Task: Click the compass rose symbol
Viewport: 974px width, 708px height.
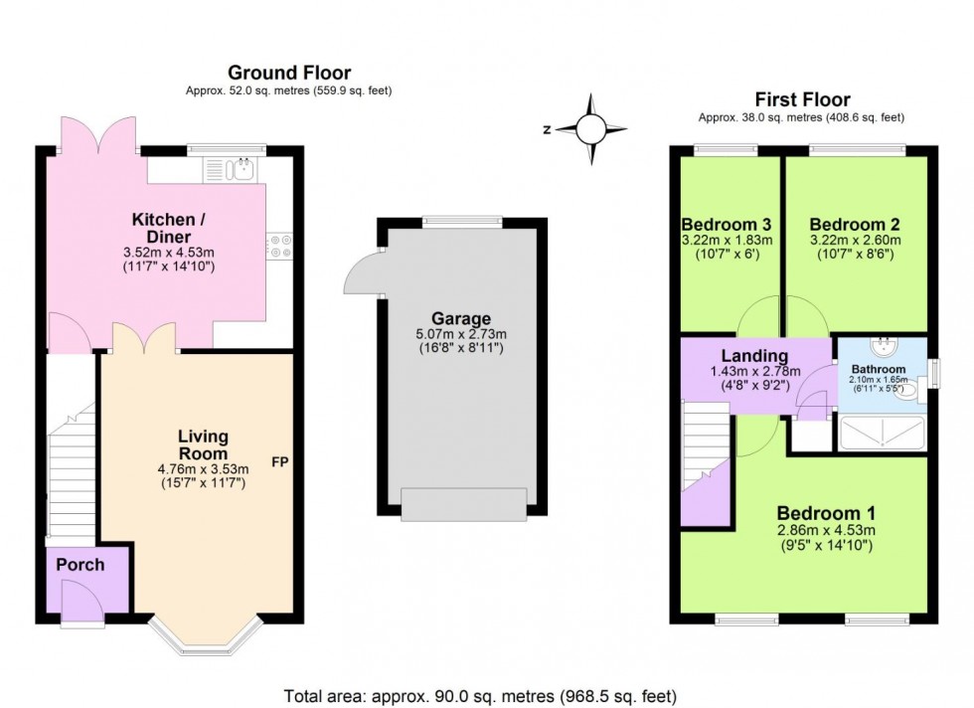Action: [590, 128]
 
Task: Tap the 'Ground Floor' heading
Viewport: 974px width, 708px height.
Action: [289, 73]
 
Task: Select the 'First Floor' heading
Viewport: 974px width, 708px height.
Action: [802, 99]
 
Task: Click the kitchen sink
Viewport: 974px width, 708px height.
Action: [242, 170]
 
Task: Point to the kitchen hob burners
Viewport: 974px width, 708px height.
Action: [278, 246]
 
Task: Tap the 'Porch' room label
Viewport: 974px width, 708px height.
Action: [81, 565]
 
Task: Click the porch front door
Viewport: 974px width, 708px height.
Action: [82, 602]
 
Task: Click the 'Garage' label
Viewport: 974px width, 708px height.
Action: [461, 319]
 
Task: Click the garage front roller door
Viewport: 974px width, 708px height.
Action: [462, 504]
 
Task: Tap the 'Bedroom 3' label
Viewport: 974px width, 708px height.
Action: [727, 224]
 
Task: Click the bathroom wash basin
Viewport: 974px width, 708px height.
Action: [882, 347]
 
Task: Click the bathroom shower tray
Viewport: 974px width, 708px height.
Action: [883, 434]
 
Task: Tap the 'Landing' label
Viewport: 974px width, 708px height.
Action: [754, 356]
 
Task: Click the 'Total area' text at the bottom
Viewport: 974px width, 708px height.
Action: [481, 696]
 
